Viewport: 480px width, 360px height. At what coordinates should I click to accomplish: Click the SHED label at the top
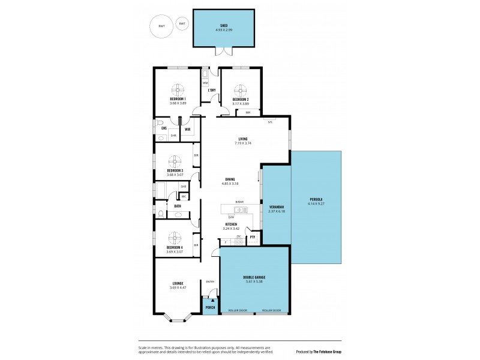click(223, 26)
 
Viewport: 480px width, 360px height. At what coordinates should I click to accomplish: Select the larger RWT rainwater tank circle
click(161, 26)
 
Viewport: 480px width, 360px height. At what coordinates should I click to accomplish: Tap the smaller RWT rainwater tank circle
click(182, 23)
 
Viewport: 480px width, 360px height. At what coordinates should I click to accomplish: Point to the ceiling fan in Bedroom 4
click(175, 237)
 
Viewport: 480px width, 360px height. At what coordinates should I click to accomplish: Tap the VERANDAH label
click(277, 206)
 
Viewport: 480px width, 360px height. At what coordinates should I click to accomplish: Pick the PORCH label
click(210, 307)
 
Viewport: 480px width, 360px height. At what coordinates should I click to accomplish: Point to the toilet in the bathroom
click(161, 213)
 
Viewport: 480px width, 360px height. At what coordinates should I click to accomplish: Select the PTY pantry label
click(253, 237)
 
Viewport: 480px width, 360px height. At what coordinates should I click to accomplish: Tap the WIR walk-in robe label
click(187, 129)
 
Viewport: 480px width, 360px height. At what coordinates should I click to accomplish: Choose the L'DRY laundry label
click(211, 91)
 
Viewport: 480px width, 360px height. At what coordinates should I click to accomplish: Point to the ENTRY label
click(210, 281)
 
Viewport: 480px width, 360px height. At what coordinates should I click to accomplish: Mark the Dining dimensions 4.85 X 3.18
click(230, 184)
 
